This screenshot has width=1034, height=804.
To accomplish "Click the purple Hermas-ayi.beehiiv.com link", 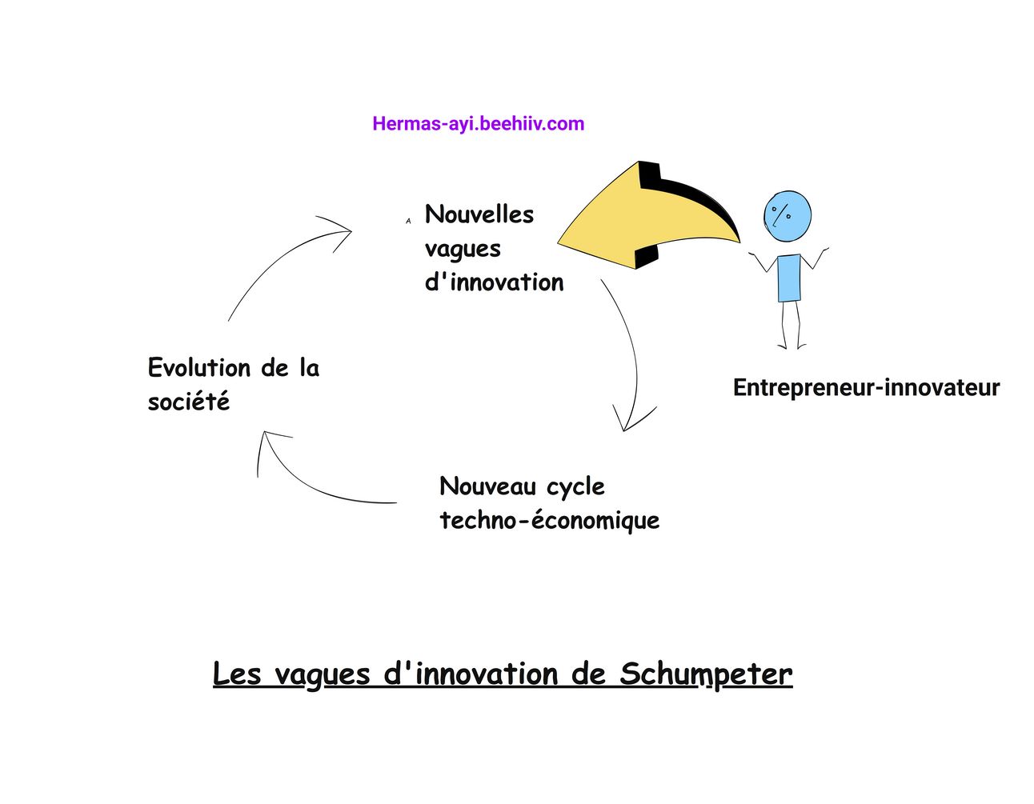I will point(478,124).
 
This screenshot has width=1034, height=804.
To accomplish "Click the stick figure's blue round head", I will point(788,215).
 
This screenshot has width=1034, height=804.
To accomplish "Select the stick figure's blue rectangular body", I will point(789,278).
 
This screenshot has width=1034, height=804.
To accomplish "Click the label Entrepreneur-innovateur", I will point(866,388).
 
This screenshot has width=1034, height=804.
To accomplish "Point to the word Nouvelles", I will point(479,214).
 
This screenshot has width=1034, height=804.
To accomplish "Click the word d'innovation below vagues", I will point(494,282).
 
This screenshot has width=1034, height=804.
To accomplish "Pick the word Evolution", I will point(199,368).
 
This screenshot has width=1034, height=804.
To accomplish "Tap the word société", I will point(188,402).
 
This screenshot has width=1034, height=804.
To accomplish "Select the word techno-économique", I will point(549,520).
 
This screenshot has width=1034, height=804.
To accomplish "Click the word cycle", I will point(575,486).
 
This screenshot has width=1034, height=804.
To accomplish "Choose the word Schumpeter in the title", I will point(706,674).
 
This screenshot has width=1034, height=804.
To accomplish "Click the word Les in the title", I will point(236,674).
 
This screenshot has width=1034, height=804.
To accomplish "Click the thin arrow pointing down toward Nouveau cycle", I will point(631,352).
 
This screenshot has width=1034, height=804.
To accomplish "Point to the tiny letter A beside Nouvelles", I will point(408,221).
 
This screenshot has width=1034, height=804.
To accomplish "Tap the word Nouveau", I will point(487,486).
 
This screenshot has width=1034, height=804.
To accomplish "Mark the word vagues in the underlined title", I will point(322,675).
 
